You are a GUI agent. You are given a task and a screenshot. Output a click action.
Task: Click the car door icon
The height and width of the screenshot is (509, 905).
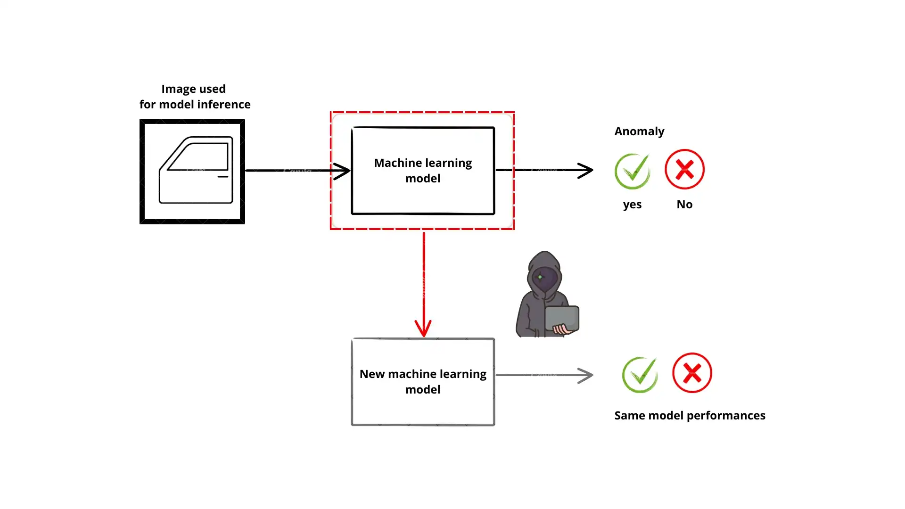[192, 172]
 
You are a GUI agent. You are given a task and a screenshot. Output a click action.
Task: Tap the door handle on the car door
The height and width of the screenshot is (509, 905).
[223, 177]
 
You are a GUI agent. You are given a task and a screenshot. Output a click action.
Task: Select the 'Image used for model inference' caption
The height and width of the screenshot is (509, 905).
[194, 97]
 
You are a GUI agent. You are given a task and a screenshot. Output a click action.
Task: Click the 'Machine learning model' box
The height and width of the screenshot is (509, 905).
[423, 171]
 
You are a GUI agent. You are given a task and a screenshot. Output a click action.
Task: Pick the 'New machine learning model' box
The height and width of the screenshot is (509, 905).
[423, 382]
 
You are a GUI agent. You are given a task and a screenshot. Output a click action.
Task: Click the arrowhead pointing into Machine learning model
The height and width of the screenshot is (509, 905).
[342, 171]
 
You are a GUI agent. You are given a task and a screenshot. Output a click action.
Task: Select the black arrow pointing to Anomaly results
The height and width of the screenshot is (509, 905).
[547, 170]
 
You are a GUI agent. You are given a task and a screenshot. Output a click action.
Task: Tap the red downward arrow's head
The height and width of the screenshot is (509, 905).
[423, 328]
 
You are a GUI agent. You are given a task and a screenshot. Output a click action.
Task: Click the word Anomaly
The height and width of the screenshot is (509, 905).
[639, 131]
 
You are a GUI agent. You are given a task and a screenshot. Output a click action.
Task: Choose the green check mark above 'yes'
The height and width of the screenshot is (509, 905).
[633, 171]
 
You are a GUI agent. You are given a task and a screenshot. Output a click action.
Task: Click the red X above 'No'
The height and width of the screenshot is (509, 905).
[684, 169]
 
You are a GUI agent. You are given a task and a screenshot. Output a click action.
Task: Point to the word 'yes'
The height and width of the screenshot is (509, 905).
[632, 205]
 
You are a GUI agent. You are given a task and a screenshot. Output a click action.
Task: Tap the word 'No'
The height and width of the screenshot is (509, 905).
[684, 205]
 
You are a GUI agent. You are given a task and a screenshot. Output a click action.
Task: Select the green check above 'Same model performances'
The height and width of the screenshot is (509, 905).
[640, 375]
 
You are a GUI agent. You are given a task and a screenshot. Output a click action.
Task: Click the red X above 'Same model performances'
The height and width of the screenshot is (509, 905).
[692, 373]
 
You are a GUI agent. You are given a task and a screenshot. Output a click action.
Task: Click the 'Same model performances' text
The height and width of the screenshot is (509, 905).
[690, 416]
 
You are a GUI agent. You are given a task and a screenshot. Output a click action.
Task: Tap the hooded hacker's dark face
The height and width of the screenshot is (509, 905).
[545, 279]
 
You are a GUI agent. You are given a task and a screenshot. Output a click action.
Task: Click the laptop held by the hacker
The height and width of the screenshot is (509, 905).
[562, 319]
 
